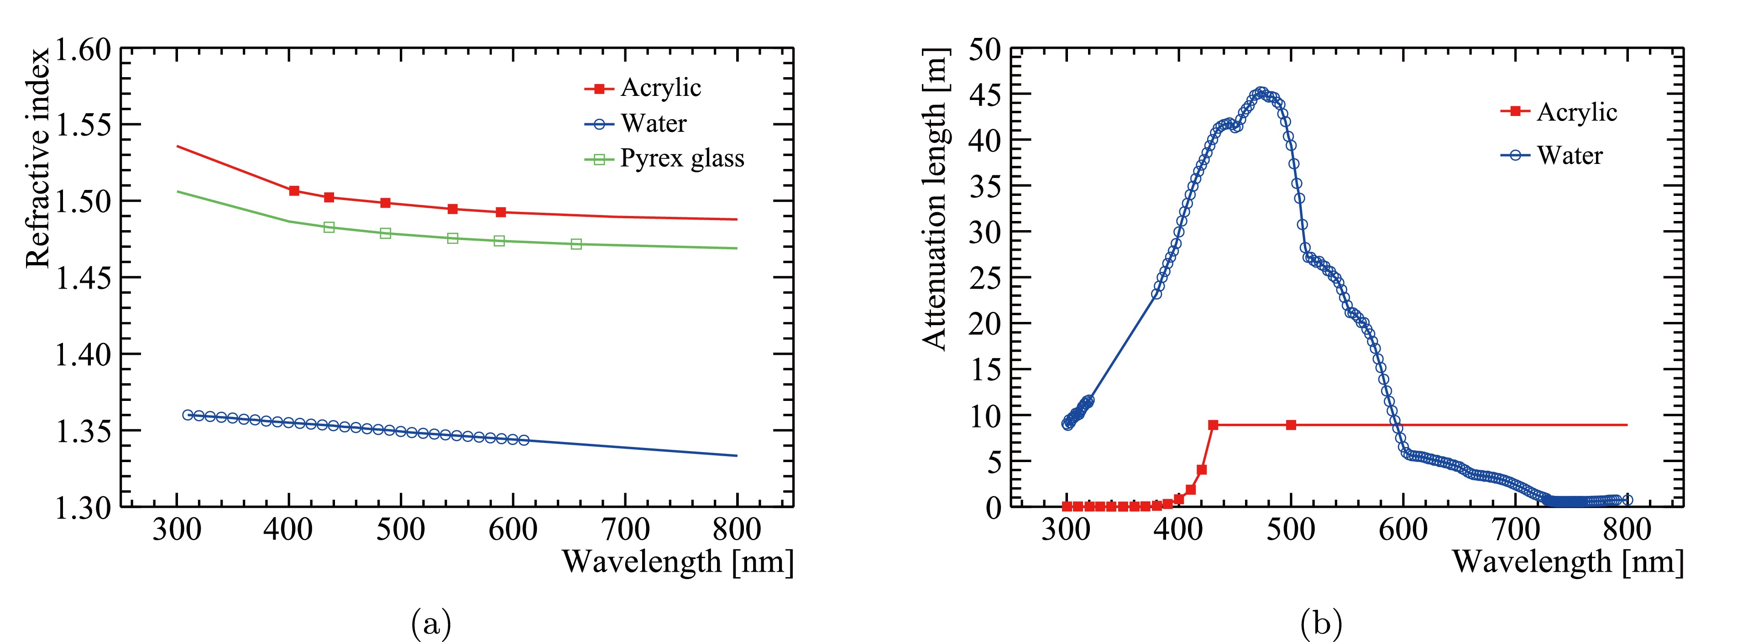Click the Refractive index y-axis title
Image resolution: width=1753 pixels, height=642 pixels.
click(38, 158)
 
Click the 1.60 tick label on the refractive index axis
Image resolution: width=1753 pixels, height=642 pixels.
click(82, 50)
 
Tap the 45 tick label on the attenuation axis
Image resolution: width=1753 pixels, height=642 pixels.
click(985, 95)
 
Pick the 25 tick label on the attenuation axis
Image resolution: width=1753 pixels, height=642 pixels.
click(985, 278)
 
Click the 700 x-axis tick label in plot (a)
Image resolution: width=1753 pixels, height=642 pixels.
click(625, 529)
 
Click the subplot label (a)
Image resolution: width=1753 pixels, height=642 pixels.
click(431, 623)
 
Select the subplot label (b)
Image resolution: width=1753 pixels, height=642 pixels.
click(1321, 623)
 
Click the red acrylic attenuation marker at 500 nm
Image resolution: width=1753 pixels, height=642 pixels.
click(1291, 425)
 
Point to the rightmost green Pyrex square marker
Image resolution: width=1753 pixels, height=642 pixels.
click(576, 244)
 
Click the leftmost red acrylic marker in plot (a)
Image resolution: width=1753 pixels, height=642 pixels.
click(294, 190)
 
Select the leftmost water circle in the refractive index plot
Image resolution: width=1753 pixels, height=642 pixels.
click(188, 415)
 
